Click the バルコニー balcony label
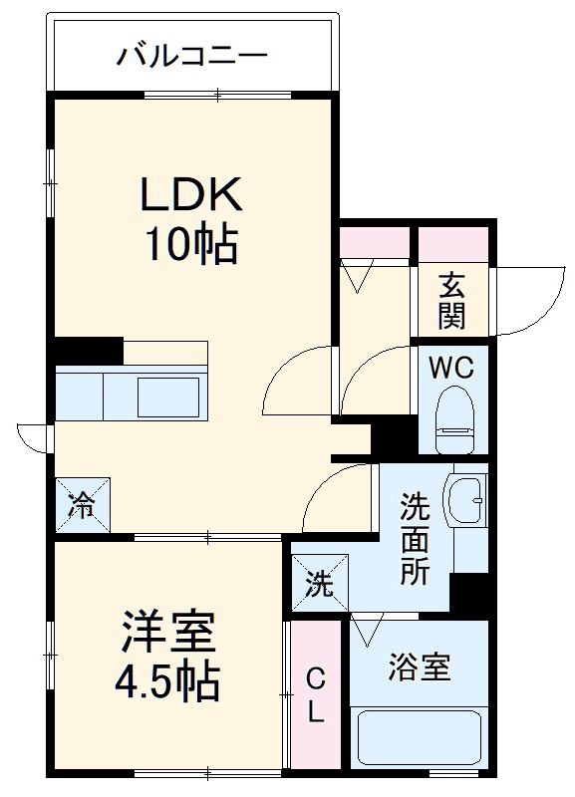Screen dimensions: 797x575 (x=192, y=55)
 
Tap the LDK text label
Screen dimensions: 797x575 (x=190, y=195)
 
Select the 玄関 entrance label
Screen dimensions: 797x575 (x=451, y=301)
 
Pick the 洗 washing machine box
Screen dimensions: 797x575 (x=318, y=584)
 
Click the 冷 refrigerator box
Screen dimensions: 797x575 (x=82, y=505)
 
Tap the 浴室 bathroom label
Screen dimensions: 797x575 (x=419, y=666)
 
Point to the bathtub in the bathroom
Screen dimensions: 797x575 (x=419, y=739)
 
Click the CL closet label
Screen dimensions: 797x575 (x=315, y=697)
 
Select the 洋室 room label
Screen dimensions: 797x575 (x=168, y=634)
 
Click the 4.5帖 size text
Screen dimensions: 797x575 (x=166, y=682)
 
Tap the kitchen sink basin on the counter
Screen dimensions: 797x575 (x=166, y=397)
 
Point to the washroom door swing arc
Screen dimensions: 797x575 (x=334, y=493)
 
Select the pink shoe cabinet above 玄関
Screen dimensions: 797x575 (x=453, y=243)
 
